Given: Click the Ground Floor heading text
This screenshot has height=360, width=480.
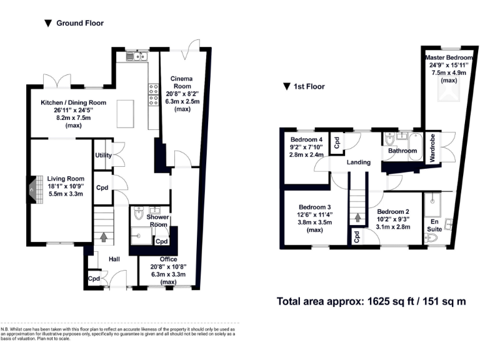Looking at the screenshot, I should click(x=79, y=23).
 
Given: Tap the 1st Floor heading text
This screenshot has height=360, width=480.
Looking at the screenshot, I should click(x=309, y=87).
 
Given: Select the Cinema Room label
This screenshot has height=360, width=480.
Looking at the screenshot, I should click(x=182, y=82).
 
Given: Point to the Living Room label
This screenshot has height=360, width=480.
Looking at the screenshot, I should click(x=66, y=178).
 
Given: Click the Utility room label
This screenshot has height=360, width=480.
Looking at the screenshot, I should click(x=102, y=156).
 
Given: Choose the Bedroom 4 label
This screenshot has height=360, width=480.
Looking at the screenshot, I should click(x=306, y=139).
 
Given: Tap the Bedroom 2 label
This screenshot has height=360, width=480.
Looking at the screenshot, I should click(x=393, y=212).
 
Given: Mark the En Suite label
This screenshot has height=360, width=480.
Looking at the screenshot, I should click(x=434, y=224).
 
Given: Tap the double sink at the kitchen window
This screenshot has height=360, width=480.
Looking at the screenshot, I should click(x=136, y=57).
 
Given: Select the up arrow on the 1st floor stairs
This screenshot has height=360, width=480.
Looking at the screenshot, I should click(x=357, y=218).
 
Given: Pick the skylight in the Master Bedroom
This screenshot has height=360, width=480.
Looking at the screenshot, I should click(x=449, y=94).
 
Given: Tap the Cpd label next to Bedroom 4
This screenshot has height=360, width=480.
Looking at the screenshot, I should click(x=336, y=142).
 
